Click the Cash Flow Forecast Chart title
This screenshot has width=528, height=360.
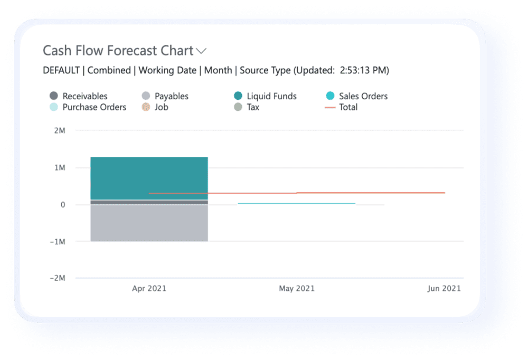pyautogui.click(x=118, y=51)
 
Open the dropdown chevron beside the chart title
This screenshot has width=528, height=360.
pyautogui.click(x=201, y=51)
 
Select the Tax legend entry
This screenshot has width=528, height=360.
pyautogui.click(x=253, y=107)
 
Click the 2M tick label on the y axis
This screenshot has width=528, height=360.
pyautogui.click(x=59, y=130)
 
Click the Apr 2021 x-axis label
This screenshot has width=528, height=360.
pyautogui.click(x=149, y=288)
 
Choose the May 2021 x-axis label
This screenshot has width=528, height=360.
pyautogui.click(x=297, y=288)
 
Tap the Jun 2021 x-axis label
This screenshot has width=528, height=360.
pyautogui.click(x=444, y=288)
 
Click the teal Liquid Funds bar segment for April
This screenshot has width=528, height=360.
pyautogui.click(x=149, y=178)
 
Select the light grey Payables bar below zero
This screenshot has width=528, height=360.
pyautogui.click(x=149, y=223)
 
